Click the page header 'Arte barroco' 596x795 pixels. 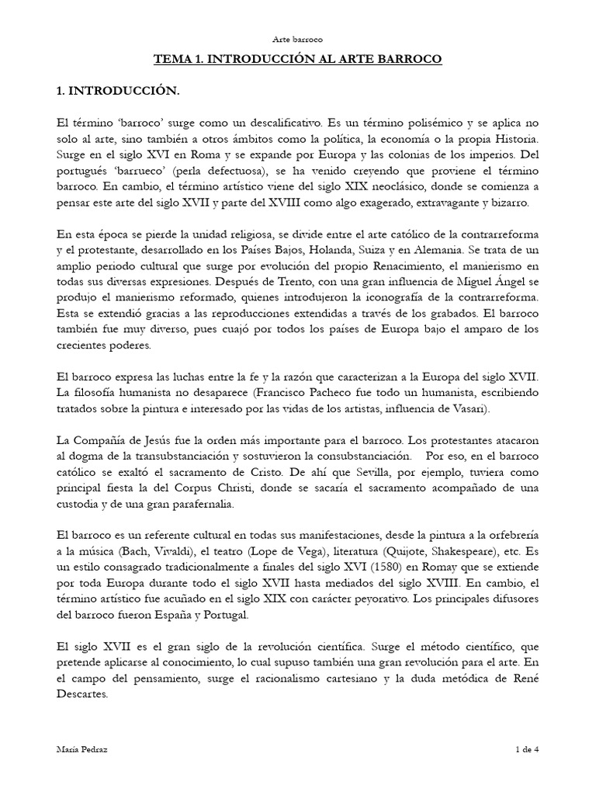click(298, 38)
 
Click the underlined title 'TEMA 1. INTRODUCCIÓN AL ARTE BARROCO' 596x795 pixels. click(298, 60)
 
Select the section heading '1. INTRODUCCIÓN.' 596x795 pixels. click(118, 92)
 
